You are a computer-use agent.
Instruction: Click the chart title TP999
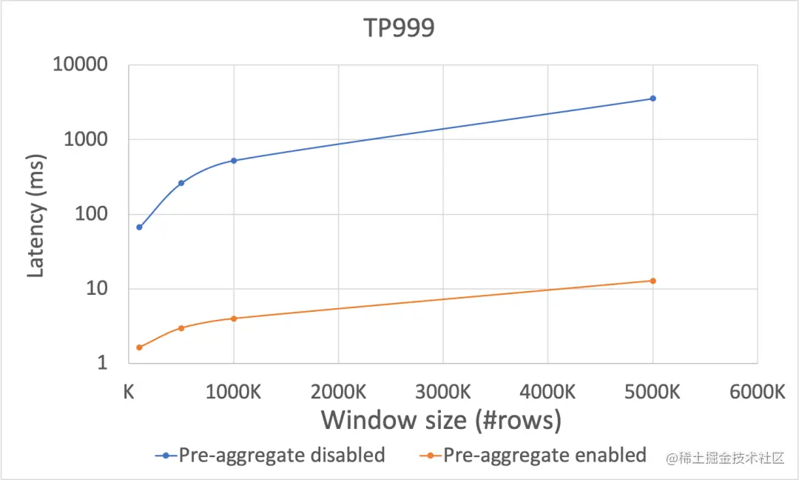[399, 27]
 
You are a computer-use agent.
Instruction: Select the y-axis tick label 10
[101, 289]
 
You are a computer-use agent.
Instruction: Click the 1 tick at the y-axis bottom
[109, 364]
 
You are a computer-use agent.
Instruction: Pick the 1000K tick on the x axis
[234, 390]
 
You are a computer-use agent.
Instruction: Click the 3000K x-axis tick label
[442, 390]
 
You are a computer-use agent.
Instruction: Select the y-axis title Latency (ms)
[36, 214]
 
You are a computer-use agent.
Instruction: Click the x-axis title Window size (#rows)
[441, 421]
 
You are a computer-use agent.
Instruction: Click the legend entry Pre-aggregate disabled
[271, 455]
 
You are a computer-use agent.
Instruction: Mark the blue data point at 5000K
[653, 99]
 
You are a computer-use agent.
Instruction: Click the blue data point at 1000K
[234, 161]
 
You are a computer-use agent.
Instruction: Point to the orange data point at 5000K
[653, 281]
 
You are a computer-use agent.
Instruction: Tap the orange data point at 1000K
[234, 319]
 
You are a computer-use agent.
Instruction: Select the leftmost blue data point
[139, 227]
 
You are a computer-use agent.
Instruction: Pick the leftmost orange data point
[139, 347]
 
